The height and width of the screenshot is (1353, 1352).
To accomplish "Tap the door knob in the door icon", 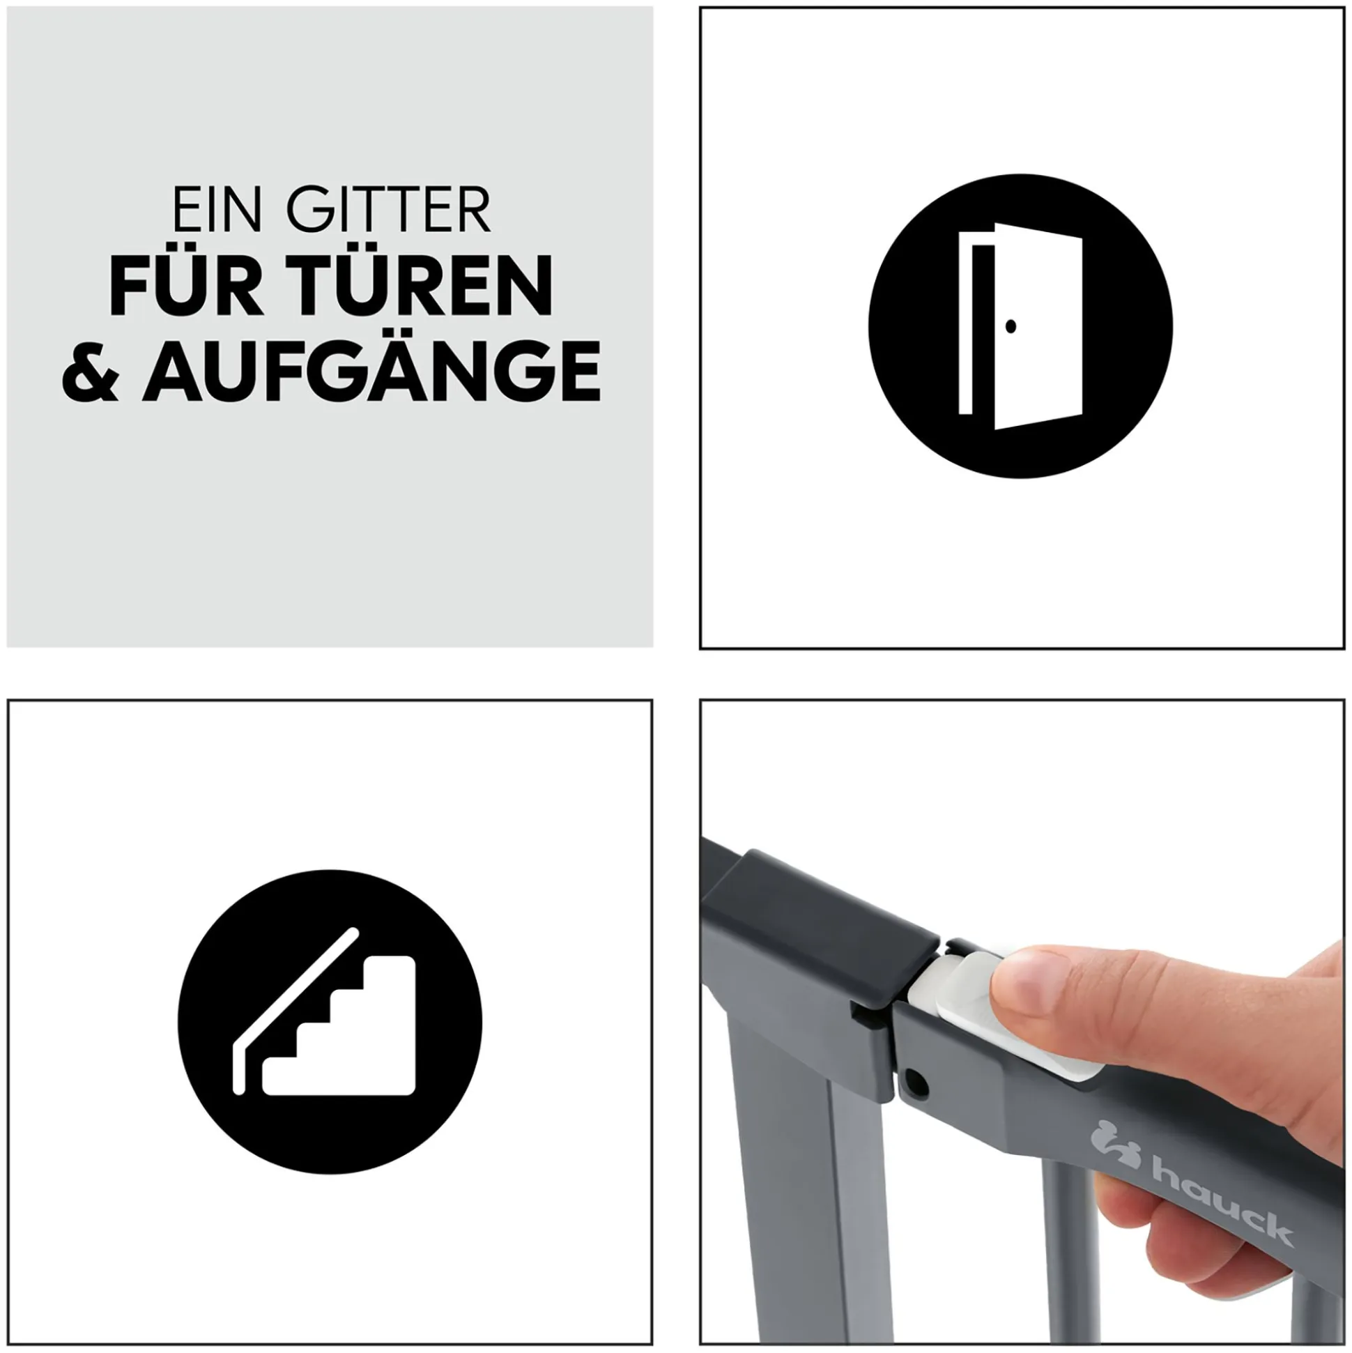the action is coord(1010,325).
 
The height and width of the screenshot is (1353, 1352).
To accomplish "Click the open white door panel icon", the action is coord(1038,326).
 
